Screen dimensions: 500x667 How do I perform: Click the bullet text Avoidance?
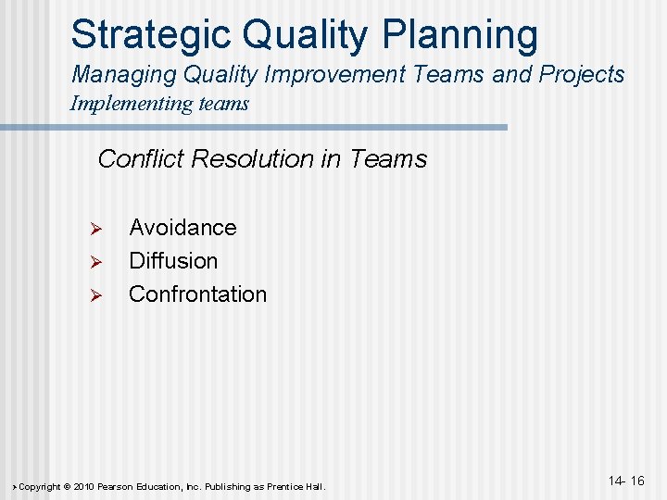click(x=182, y=228)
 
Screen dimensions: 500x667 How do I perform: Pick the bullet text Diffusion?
click(x=173, y=261)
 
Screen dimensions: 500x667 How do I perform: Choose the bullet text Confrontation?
click(x=197, y=294)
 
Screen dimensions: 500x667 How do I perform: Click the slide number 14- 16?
click(x=626, y=481)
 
